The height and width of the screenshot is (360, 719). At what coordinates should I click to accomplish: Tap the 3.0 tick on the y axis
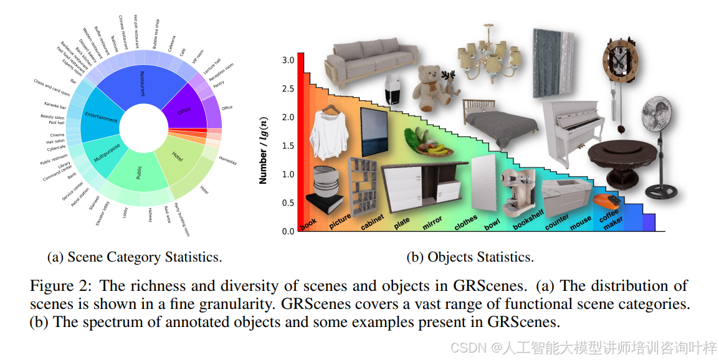pos(288,60)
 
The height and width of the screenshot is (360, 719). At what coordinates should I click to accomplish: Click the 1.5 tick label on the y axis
pos(288,146)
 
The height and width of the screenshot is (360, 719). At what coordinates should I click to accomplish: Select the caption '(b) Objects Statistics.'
pos(470,257)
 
